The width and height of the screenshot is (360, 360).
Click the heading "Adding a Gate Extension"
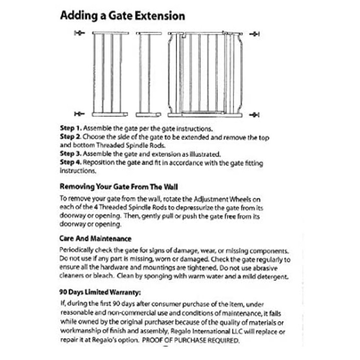coord(122,16)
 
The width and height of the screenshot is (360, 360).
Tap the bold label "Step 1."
coord(71,128)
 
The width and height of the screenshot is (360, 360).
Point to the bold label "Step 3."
coord(71,154)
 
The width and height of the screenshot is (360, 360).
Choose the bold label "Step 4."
coord(71,162)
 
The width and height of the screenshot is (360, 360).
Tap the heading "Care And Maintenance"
coord(95,238)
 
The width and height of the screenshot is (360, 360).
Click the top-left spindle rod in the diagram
coord(79,33)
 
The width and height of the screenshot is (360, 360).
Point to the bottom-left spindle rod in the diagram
coord(79,114)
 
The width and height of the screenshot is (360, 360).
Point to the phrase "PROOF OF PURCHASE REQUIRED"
coord(191,341)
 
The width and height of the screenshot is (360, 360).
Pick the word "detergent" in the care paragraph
coord(272,276)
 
